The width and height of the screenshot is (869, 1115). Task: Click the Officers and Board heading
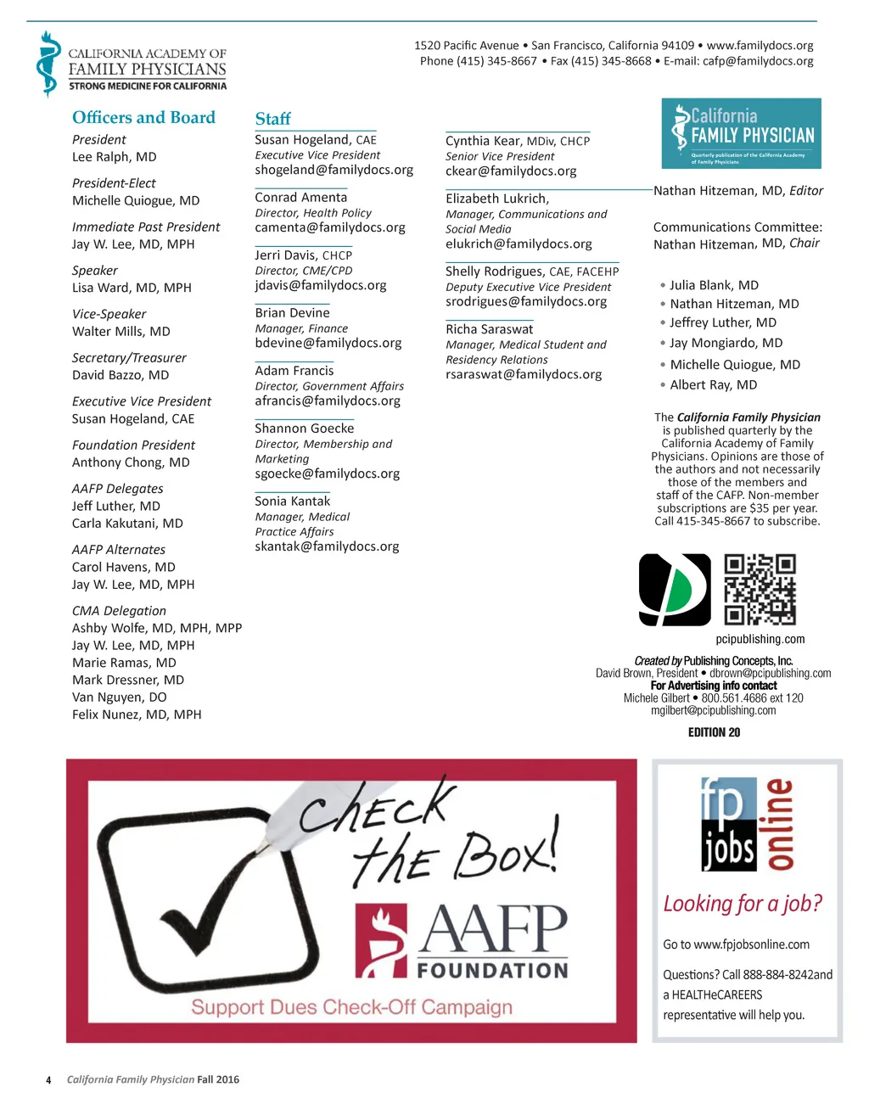click(143, 118)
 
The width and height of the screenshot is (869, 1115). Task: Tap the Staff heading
click(272, 119)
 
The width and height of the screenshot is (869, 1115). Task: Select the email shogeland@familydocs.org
click(334, 170)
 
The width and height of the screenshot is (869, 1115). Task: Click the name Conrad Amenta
click(300, 198)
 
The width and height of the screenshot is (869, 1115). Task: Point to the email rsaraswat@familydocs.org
click(523, 374)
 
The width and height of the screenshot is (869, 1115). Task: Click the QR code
click(760, 590)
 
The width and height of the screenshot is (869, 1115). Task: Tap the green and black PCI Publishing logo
click(675, 590)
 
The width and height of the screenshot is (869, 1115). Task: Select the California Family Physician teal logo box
click(741, 133)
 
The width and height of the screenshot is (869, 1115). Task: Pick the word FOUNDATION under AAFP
click(492, 970)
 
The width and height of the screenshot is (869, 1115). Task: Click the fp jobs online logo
click(747, 825)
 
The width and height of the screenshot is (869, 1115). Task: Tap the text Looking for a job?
click(743, 904)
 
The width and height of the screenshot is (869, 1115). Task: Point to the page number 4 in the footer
click(48, 1080)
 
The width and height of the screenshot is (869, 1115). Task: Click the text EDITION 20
click(714, 732)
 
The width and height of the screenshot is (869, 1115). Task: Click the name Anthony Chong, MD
click(131, 462)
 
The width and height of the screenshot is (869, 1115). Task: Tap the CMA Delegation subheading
click(119, 611)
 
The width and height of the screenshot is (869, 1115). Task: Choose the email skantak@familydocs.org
click(327, 546)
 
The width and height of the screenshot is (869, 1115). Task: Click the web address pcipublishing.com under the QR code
click(760, 639)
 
